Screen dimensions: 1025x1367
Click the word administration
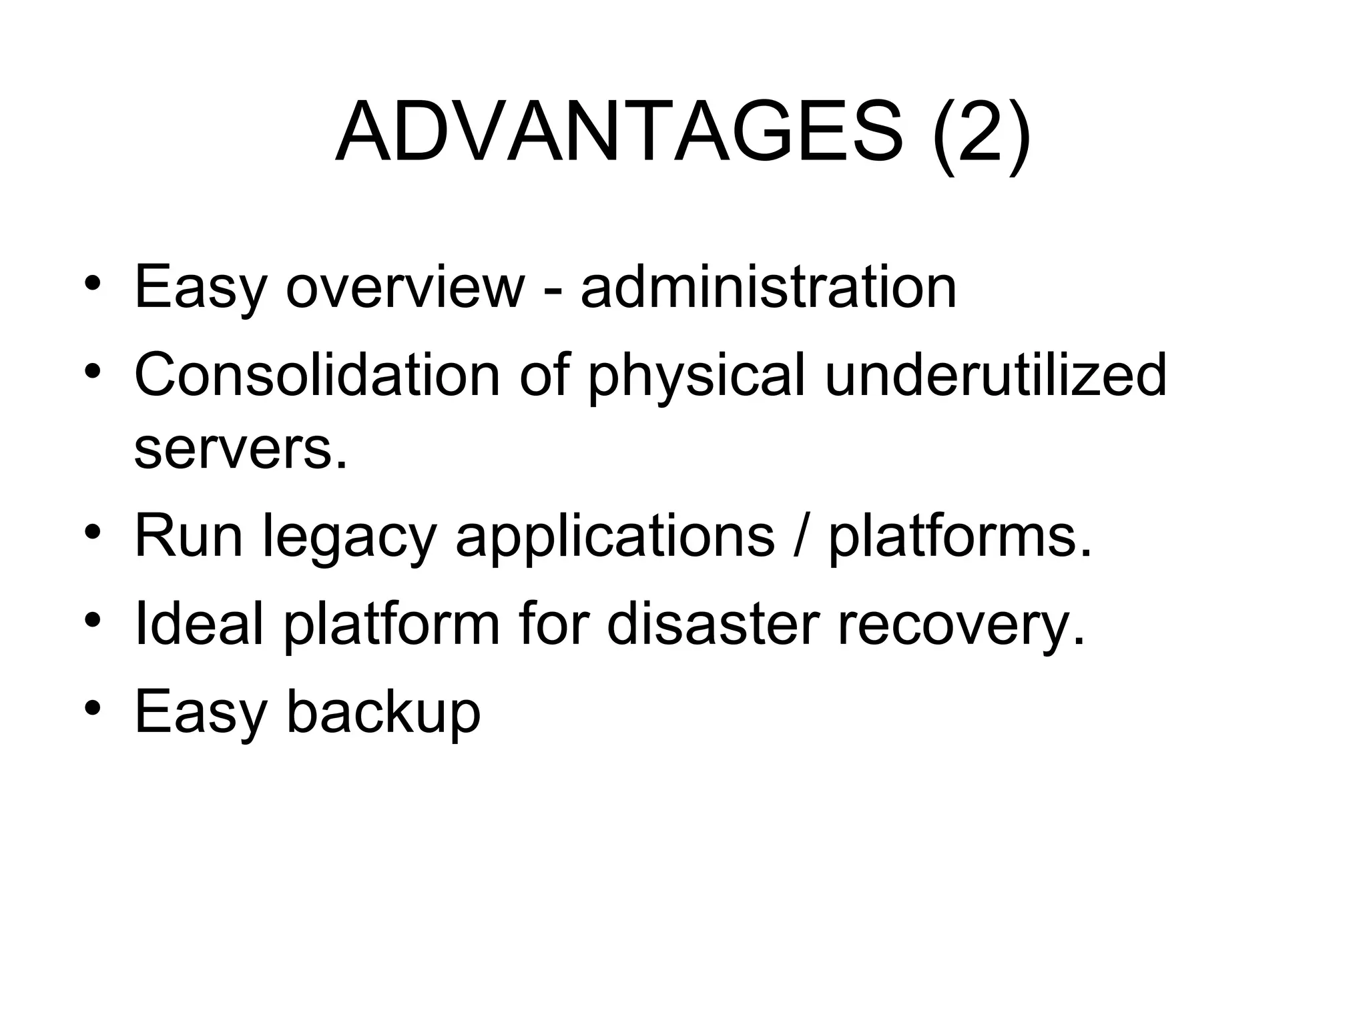(768, 287)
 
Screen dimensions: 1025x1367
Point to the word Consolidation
(317, 375)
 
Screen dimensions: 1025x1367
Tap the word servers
(241, 450)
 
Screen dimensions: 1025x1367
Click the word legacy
(350, 538)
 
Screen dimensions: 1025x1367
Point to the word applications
(615, 538)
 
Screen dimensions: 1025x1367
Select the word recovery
(961, 626)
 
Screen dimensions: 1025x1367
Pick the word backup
(383, 712)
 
